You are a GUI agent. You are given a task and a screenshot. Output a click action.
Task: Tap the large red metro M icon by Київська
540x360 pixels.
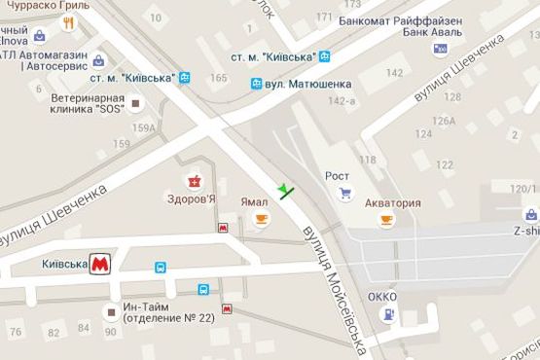pyautogui.click(x=99, y=264)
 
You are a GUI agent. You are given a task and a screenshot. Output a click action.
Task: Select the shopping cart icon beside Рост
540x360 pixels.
pyautogui.click(x=344, y=194)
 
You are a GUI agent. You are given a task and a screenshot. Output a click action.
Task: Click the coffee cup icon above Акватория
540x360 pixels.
pyautogui.click(x=386, y=221)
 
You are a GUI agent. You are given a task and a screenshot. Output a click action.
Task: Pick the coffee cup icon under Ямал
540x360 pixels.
pyautogui.click(x=260, y=221)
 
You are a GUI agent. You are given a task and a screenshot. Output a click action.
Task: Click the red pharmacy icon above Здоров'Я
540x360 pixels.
pyautogui.click(x=194, y=181)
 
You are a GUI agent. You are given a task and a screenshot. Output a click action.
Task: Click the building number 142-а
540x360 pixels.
pyautogui.click(x=342, y=100)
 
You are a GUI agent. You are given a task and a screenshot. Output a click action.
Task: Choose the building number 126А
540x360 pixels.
pyautogui.click(x=445, y=122)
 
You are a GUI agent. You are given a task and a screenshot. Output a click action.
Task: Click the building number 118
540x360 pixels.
pyautogui.click(x=367, y=159)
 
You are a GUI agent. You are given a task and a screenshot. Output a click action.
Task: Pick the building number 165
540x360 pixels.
pyautogui.click(x=219, y=78)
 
